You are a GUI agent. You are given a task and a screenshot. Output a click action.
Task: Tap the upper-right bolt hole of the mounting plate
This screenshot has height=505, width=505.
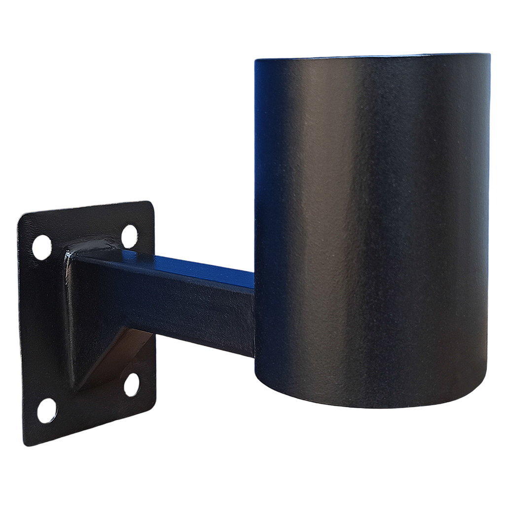130,235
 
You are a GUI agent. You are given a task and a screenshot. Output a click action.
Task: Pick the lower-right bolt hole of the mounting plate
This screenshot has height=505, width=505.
132,384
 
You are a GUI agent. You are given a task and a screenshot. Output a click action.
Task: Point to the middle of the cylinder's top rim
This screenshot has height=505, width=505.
372,56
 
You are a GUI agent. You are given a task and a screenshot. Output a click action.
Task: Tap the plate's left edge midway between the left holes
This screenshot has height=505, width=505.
21,328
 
